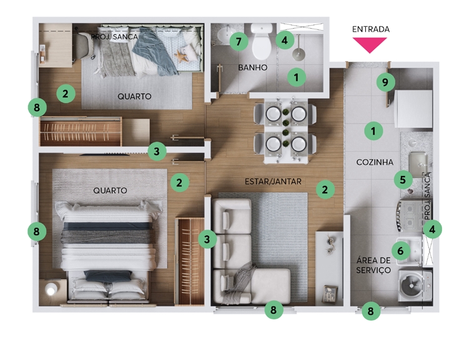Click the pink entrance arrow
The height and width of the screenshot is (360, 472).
pos(370,44)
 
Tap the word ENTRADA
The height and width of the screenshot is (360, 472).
pos(371,29)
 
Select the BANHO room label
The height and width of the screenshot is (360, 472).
pos(253,67)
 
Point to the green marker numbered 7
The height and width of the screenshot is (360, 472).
pos(238,41)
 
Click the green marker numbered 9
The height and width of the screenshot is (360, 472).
pos(385,82)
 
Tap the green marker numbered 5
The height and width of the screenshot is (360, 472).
pos(403,180)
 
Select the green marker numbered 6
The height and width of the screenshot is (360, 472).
pos(401,251)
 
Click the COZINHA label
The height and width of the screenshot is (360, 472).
pos(375,162)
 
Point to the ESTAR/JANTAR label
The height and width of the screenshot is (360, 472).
pos(273,182)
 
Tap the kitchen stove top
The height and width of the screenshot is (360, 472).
pos(411,216)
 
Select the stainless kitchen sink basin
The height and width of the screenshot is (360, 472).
pos(418,164)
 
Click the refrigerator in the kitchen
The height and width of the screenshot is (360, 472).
pos(413,109)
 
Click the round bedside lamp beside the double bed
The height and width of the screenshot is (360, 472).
pos(51,289)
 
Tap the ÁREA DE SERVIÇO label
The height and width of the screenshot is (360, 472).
pos(373,265)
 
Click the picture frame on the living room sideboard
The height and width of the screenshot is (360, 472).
pos(330,294)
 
